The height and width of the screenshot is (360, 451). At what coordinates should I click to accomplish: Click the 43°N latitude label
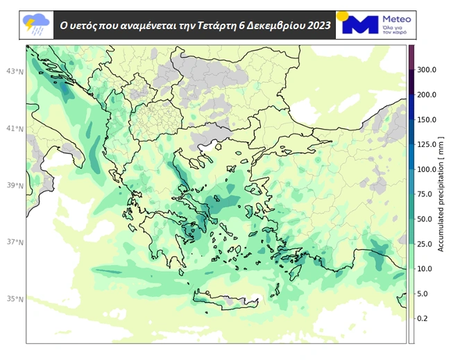15,71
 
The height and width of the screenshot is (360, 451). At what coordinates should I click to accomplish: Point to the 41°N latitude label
15,129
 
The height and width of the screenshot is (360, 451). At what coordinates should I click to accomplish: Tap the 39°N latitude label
15,186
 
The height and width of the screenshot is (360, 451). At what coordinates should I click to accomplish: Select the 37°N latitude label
15,243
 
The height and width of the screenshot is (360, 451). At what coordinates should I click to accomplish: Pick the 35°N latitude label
15,299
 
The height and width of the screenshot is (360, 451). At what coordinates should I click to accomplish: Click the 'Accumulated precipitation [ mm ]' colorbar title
441,195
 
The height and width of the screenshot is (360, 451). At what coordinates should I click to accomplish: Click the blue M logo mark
361,25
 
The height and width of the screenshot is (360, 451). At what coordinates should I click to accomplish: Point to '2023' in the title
316,26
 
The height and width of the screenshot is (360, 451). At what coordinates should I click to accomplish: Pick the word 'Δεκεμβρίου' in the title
273,26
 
